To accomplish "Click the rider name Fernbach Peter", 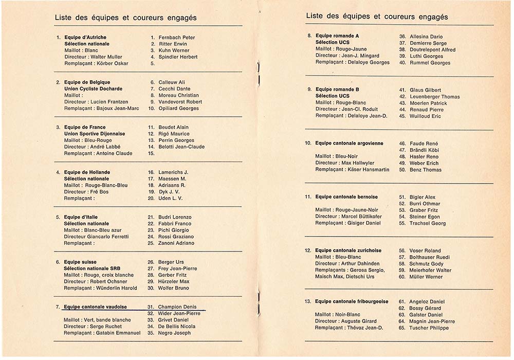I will (177, 38).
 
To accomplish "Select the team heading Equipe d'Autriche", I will (85, 38).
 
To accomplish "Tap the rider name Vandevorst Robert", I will (180, 102).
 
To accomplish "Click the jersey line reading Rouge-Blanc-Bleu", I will (96, 185).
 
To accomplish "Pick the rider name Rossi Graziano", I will (175, 237).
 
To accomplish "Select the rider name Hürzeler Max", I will (174, 281).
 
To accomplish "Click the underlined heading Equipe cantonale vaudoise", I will (96, 307).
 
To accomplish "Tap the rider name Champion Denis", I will (177, 307).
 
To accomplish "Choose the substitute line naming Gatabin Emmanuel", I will (102, 333).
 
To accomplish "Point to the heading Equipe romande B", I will (337, 89).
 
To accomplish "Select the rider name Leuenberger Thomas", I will (435, 97).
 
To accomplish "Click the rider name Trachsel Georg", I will (428, 223).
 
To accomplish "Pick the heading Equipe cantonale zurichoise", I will (348, 250).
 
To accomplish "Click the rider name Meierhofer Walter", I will (431, 270).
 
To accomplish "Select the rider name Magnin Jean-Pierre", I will (432, 321).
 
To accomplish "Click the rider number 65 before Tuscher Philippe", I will (402, 328).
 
